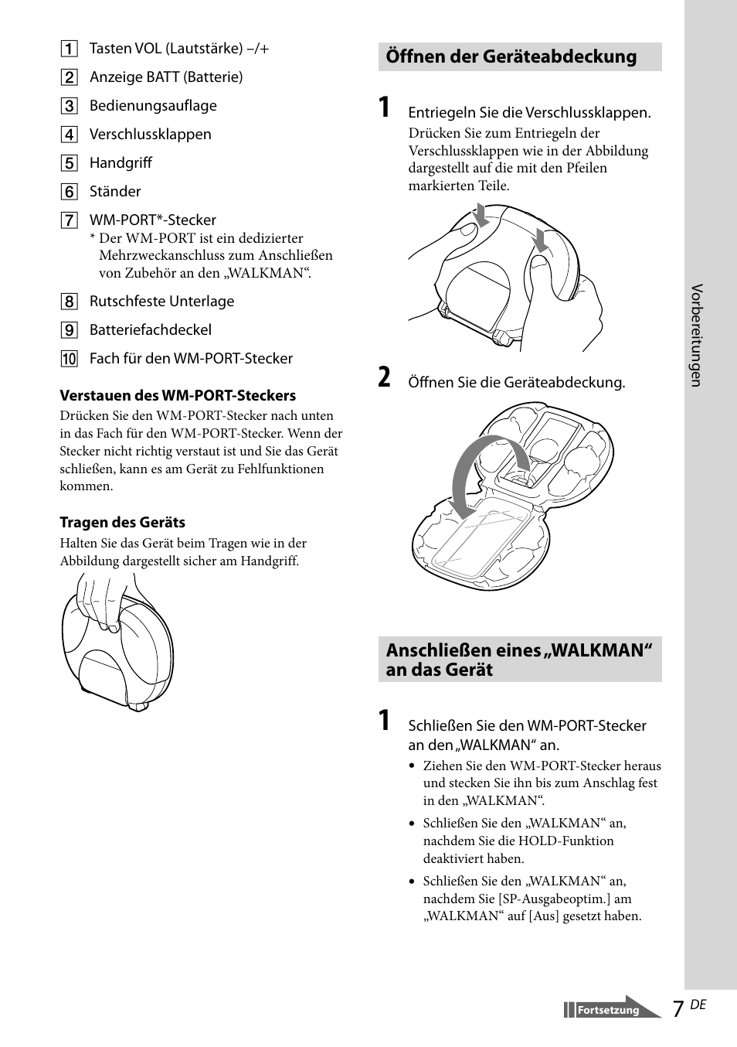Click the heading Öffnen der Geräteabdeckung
coord(511,56)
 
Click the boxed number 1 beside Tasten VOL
coord(70,49)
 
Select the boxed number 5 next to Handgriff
coord(70,163)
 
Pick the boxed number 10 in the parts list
coord(70,359)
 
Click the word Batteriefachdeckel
coord(150,330)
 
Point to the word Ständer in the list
coord(115,192)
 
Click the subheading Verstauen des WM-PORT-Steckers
coord(178,396)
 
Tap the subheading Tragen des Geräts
coord(123,523)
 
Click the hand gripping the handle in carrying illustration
coord(104,599)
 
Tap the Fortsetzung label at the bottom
coord(608,1011)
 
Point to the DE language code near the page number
coord(698,1004)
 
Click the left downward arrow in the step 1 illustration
coord(481,214)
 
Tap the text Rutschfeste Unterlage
coord(161,302)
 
